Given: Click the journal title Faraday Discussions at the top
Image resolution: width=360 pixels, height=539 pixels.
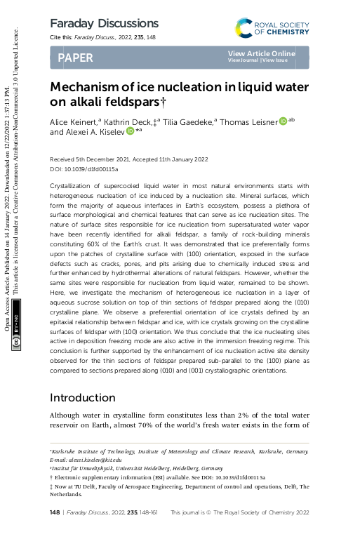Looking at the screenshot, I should tap(104, 24).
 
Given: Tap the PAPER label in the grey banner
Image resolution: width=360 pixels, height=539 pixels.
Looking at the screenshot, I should tap(75, 58).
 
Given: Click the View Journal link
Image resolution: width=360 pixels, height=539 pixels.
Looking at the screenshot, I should tap(243, 60).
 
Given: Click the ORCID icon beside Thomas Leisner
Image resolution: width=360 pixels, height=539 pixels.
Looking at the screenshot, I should tap(283, 121).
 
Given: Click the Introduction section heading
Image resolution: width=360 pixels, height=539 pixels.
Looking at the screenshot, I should tap(86, 398).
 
